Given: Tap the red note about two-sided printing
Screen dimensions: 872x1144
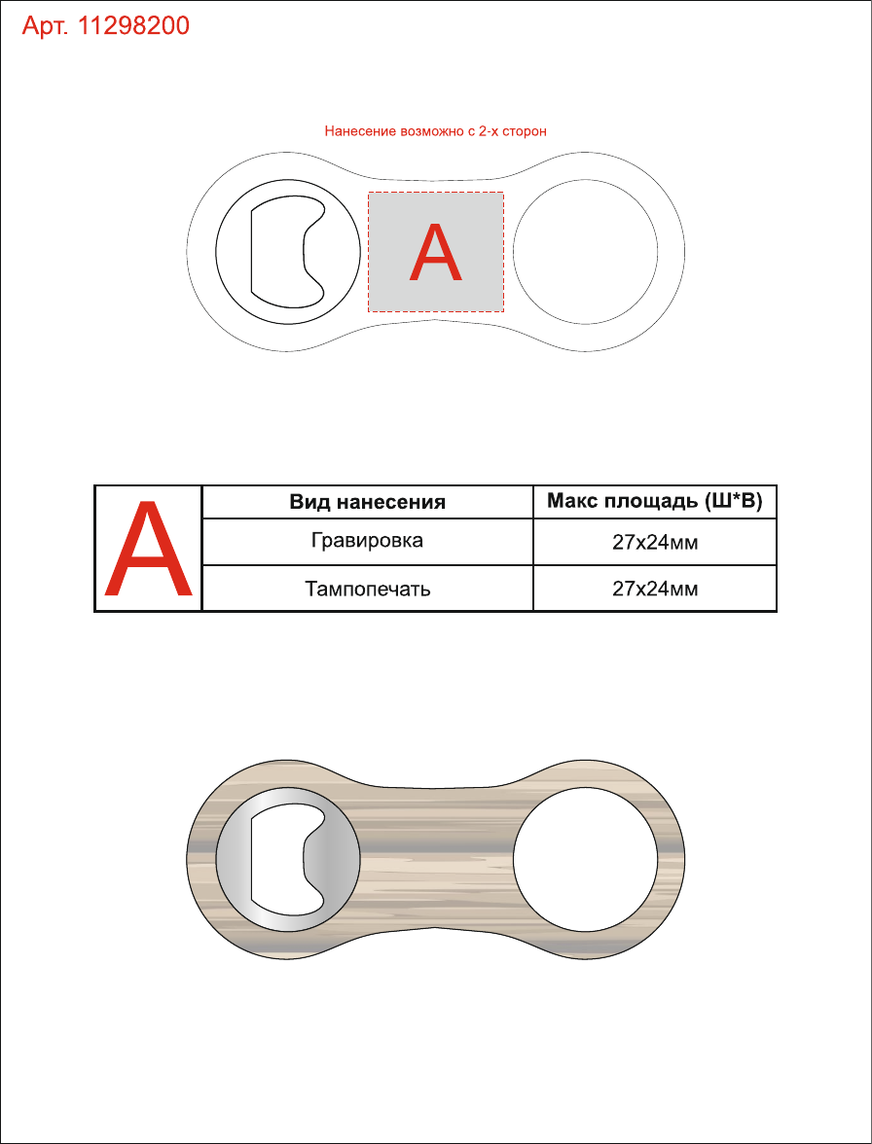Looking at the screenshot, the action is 436,132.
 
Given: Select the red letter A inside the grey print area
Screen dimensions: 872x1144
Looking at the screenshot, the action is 436,253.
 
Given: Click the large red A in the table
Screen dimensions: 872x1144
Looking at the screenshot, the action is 148,548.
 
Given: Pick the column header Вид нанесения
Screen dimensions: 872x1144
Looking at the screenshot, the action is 367,502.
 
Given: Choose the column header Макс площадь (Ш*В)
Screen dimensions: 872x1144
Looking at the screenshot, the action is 655,501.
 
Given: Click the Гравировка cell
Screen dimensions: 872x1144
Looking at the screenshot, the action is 367,541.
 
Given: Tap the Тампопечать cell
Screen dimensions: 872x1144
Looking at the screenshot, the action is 367,588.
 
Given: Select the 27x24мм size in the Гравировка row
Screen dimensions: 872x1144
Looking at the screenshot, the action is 655,542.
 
